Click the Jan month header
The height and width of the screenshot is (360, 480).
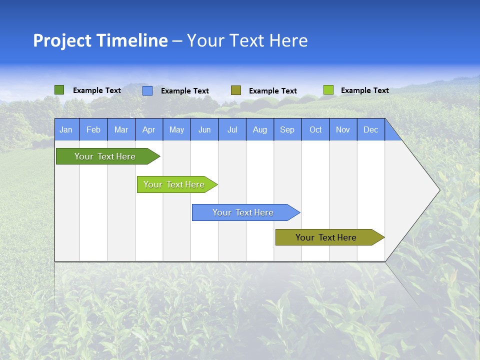(x=66, y=129)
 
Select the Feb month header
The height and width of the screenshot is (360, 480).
(x=93, y=129)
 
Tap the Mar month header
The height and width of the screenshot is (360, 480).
(x=121, y=129)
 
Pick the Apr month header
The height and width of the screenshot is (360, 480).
(x=149, y=129)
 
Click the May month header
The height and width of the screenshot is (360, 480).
(x=176, y=129)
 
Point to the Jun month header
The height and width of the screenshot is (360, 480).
(x=204, y=129)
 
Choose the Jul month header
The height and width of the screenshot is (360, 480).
(x=232, y=129)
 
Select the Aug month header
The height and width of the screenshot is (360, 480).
(x=260, y=129)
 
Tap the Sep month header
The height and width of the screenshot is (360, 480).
(x=287, y=129)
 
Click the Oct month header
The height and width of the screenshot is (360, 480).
(x=315, y=129)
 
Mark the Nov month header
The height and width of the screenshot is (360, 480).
(x=343, y=129)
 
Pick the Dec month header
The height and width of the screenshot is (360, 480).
(x=371, y=129)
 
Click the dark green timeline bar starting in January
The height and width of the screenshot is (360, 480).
(x=105, y=156)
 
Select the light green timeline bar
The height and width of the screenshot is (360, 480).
(x=174, y=184)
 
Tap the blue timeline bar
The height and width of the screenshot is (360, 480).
(x=243, y=212)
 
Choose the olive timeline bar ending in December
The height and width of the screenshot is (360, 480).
(x=326, y=237)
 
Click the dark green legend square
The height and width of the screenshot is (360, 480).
(x=59, y=90)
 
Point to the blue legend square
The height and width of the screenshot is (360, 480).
(x=147, y=90)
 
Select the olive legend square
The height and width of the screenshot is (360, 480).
(x=236, y=90)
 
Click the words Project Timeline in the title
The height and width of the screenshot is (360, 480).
(x=100, y=40)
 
